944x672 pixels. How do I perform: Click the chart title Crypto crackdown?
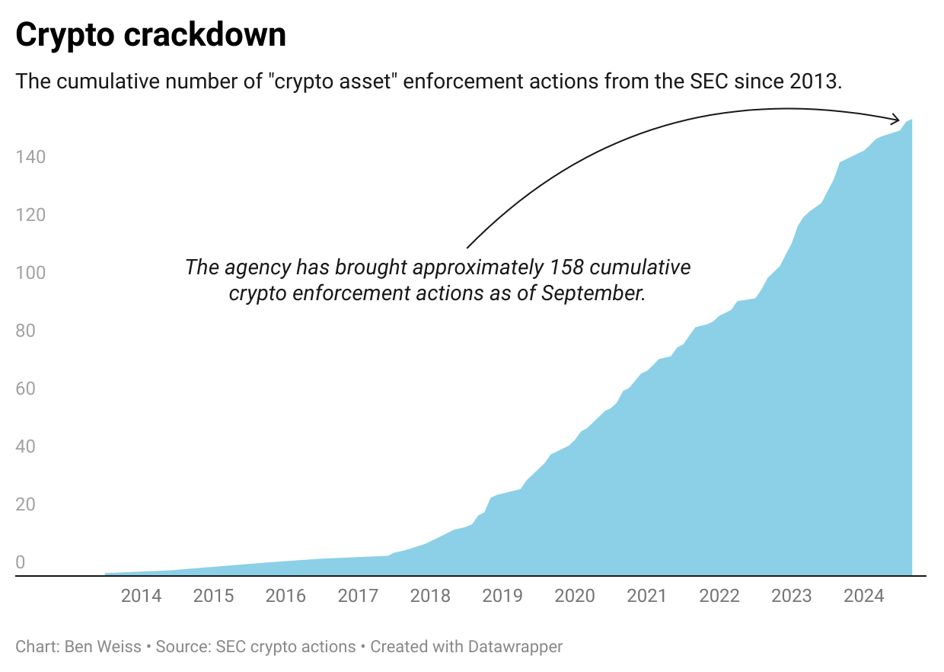point(151,35)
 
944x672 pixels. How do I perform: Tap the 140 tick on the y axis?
point(30,157)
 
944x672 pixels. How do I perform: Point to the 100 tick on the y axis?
point(30,273)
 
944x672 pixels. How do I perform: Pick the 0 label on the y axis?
point(21,562)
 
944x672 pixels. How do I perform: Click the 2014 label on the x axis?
point(141,595)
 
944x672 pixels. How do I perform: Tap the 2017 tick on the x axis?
point(358,595)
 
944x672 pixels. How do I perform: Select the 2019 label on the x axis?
point(502,595)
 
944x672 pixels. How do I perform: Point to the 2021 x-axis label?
point(647,595)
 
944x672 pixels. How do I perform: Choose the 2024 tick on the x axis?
point(864,595)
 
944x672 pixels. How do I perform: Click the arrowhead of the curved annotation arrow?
point(898,119)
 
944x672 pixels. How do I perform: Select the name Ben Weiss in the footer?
point(109,647)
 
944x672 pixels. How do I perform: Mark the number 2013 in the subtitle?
point(816,82)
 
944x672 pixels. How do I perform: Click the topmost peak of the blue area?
point(911,120)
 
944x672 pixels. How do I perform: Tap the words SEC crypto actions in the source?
point(285,647)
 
